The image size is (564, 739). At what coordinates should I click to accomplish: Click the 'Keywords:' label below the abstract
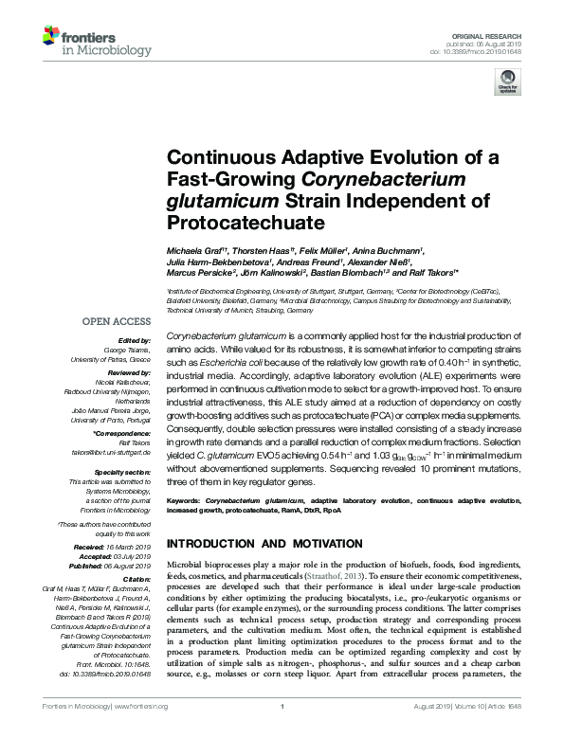point(186,498)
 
